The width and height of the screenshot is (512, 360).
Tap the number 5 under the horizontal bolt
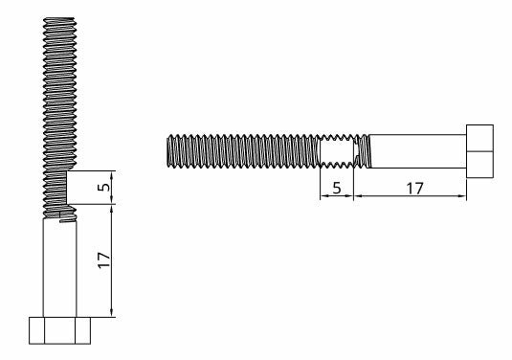pyautogui.click(x=336, y=187)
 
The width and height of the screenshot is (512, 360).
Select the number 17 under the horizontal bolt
pyautogui.click(x=414, y=187)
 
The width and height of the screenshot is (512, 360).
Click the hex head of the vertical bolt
pyautogui.click(x=59, y=330)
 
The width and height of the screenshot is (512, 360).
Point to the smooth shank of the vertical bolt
pyautogui.click(x=59, y=268)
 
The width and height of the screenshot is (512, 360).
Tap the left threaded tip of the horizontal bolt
pyautogui.click(x=172, y=151)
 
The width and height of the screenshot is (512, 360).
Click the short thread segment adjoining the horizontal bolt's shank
pyautogui.click(x=362, y=151)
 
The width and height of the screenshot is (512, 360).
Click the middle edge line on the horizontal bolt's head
pyautogui.click(x=480, y=150)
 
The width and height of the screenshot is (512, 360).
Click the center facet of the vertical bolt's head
pyautogui.click(x=59, y=331)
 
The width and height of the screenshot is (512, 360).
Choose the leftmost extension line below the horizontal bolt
pyautogui.click(x=318, y=182)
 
